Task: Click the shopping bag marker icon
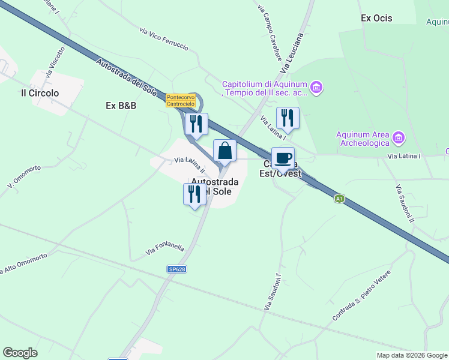[224, 151]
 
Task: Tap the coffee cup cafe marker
[283, 158]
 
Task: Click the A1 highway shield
[340, 198]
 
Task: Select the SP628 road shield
[176, 269]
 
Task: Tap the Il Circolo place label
[40, 93]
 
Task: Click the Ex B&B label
[121, 106]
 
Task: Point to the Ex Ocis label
[376, 18]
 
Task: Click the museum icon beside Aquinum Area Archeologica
[397, 139]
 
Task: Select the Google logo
[20, 353]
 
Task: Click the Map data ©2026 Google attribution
[412, 355]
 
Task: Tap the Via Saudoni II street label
[405, 203]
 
